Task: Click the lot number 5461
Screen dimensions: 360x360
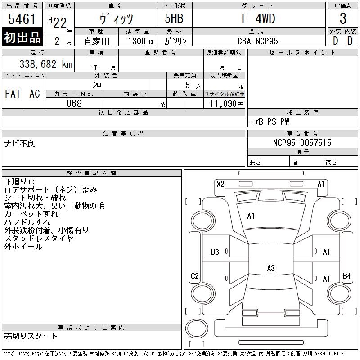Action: coord(22,19)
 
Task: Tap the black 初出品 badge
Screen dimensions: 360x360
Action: coord(22,37)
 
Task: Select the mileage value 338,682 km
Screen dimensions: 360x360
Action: coord(46,64)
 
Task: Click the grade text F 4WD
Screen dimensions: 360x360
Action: coord(258,18)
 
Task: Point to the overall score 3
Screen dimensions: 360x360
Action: coord(343,18)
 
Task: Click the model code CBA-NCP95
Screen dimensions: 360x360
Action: coord(257,41)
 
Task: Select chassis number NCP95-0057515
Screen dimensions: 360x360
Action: coord(302,143)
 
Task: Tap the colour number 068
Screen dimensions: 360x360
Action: coord(74,103)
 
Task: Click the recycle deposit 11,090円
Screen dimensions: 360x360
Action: coord(227,104)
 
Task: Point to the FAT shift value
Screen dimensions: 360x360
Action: coord(13,94)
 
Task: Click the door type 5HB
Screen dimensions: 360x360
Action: coord(174,18)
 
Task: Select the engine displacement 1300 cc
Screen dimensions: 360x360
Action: coord(141,41)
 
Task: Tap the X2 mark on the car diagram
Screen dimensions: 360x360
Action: coord(220,184)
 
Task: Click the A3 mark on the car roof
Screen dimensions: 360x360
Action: coord(271,268)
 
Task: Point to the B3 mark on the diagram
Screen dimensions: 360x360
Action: coord(215,252)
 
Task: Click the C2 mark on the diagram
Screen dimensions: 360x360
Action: coord(195,275)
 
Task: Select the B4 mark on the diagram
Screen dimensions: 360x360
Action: coord(346,275)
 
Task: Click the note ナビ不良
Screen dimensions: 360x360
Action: coord(19,144)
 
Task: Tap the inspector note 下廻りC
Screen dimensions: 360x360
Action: coord(19,182)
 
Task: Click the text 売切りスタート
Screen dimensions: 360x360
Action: coord(31,336)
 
